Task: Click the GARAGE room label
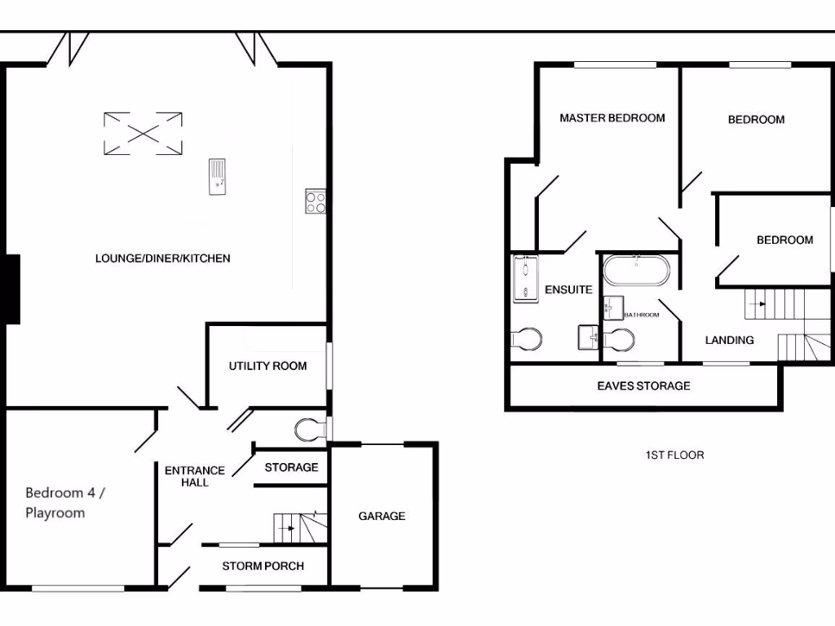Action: click(382, 516)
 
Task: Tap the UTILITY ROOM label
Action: click(267, 366)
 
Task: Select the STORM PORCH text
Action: click(263, 566)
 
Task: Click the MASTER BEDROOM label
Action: click(612, 118)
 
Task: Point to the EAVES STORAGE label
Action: click(643, 386)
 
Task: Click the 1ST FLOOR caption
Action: click(674, 455)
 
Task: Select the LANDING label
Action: click(729, 340)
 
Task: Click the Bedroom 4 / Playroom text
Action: click(65, 502)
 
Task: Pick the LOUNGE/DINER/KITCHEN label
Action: click(163, 258)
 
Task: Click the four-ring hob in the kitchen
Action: click(316, 201)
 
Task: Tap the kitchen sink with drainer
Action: click(218, 177)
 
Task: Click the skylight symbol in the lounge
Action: click(144, 133)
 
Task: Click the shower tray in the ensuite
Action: click(525, 279)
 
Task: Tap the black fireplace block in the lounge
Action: click(12, 289)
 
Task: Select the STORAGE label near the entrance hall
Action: click(291, 467)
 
